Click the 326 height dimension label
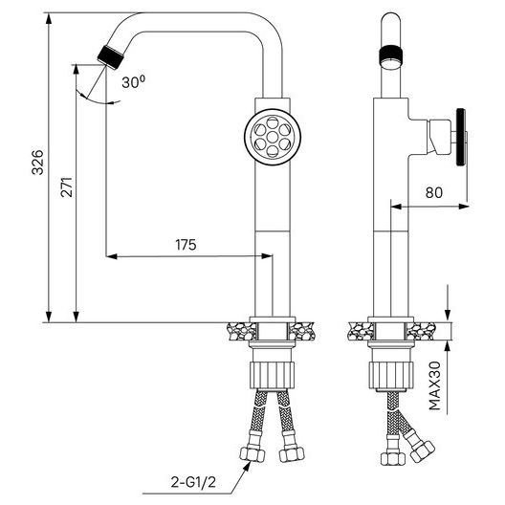(37, 163)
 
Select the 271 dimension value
(67, 187)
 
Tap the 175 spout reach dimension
(186, 245)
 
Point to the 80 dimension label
(434, 192)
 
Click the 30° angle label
(133, 82)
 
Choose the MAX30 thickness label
(435, 385)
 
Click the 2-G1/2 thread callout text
(193, 482)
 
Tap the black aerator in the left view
(111, 57)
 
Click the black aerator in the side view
(390, 55)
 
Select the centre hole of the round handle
(273, 137)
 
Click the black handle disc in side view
(461, 137)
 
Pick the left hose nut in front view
(252, 454)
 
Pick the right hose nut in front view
(291, 454)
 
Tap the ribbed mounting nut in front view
(273, 375)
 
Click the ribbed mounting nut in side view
(390, 375)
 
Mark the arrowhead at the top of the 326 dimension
(49, 19)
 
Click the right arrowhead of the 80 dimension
(463, 207)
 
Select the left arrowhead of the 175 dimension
(112, 256)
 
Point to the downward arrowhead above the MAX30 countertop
(448, 316)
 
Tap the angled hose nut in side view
(422, 450)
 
